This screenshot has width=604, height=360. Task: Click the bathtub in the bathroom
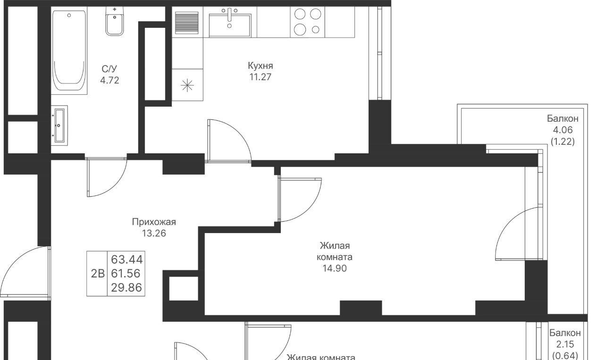pyautogui.click(x=69, y=50)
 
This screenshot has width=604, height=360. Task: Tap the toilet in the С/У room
pyautogui.click(x=115, y=21)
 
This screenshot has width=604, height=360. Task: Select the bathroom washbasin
pyautogui.click(x=59, y=126)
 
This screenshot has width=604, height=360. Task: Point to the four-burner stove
pyautogui.click(x=307, y=22)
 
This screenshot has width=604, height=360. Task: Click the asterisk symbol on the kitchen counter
pyautogui.click(x=187, y=85)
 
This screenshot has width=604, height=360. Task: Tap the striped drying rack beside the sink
pyautogui.click(x=187, y=22)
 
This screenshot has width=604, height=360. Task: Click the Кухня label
pyautogui.click(x=260, y=66)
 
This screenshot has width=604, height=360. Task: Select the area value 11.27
pyautogui.click(x=260, y=77)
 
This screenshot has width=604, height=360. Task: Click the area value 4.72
pyautogui.click(x=109, y=80)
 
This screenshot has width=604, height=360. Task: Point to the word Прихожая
pyautogui.click(x=154, y=222)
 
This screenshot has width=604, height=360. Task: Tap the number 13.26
pyautogui.click(x=154, y=233)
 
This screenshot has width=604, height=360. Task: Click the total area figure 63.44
pyautogui.click(x=127, y=260)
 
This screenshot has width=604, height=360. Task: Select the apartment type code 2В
pyautogui.click(x=98, y=274)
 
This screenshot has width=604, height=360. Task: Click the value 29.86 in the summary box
pyautogui.click(x=126, y=288)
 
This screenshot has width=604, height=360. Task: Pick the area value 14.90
pyautogui.click(x=335, y=268)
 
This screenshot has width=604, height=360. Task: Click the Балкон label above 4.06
pyautogui.click(x=563, y=118)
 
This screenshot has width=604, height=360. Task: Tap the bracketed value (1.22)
pyautogui.click(x=563, y=141)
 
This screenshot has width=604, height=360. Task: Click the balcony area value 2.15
pyautogui.click(x=565, y=344)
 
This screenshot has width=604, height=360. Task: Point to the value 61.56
pyautogui.click(x=126, y=274)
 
